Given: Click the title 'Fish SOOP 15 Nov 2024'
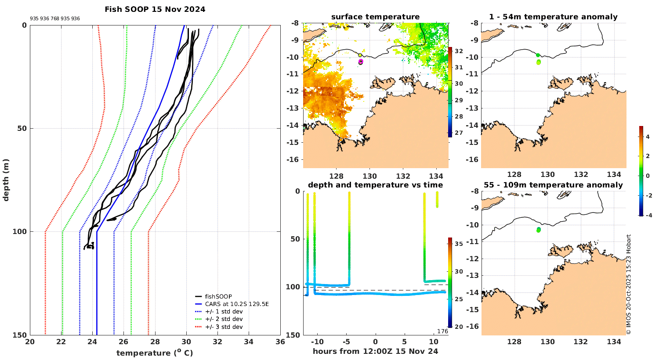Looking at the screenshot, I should pos(155,9).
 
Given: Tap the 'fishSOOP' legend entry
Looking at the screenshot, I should pos(218,296).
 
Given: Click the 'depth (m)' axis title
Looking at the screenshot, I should pos(6,180).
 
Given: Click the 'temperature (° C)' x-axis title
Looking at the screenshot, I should pos(155,353).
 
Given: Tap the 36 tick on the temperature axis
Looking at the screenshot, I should pos(280,342).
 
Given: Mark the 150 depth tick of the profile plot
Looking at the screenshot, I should pos(20,335).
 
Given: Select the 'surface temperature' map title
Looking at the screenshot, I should pos(375,17).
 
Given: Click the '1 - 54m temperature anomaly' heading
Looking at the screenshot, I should pos(553,17).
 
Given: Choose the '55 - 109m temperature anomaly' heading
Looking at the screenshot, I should pos(553,185).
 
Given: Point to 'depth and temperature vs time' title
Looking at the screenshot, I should pos(375,185).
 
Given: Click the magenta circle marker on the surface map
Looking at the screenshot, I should pos(361,62).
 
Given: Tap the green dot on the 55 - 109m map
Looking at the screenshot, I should pos(539,230).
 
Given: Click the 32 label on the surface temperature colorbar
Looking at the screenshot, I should pos(459,51).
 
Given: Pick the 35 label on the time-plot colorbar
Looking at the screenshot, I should pos(458,244).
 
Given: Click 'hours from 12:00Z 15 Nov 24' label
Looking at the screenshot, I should pos(375,351).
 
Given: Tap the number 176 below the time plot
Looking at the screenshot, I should pos(442,331).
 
